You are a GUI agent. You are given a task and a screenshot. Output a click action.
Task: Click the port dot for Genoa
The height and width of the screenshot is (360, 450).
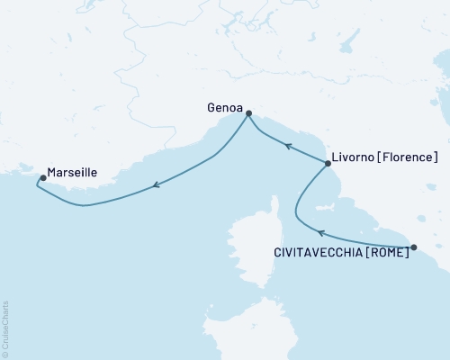coord(248,113)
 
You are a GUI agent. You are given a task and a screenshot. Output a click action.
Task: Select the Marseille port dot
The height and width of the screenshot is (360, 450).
coord(43,177)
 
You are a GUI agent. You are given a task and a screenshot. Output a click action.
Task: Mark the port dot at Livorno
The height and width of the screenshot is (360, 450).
coord(327,163)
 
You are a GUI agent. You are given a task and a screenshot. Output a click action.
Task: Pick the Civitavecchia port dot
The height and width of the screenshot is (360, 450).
coord(414,247)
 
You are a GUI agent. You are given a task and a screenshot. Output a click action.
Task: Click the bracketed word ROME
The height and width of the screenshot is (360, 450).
coord(388,253)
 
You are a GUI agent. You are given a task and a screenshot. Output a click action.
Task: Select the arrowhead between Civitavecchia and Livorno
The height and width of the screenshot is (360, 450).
coord(320,233)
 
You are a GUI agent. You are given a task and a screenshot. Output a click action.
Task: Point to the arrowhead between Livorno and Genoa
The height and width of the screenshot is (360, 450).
coord(287,144)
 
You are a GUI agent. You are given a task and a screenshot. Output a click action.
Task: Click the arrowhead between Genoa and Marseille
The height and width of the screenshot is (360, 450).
coord(157,184)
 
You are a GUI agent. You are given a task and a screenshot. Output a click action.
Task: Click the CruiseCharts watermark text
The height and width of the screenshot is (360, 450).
coord(5,328)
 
